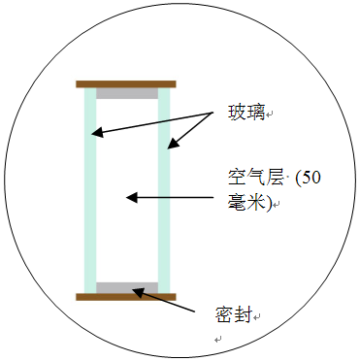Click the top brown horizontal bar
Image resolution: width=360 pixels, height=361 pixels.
126,84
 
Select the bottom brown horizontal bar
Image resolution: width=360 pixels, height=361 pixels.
126,296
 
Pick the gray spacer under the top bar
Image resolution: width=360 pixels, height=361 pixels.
126,94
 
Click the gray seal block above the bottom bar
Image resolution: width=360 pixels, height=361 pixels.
126,287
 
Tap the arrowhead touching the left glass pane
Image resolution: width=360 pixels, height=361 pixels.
99,132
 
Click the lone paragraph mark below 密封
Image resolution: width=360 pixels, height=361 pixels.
218,341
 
